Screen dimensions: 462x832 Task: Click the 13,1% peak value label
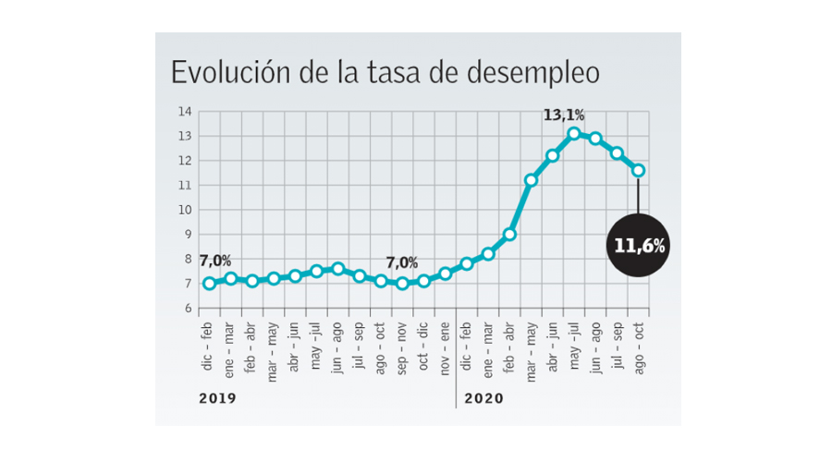(x=563, y=115)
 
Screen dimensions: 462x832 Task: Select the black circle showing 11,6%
(x=639, y=246)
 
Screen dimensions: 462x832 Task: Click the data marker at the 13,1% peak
(x=574, y=134)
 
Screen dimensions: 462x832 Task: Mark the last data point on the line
(x=639, y=170)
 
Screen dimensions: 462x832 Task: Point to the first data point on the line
(x=209, y=284)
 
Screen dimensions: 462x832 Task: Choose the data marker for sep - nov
(x=402, y=284)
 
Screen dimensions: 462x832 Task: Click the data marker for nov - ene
(x=445, y=274)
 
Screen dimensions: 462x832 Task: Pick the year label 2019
(x=217, y=399)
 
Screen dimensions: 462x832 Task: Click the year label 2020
(x=483, y=399)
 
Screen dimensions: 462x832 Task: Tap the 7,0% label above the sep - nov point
(x=400, y=263)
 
